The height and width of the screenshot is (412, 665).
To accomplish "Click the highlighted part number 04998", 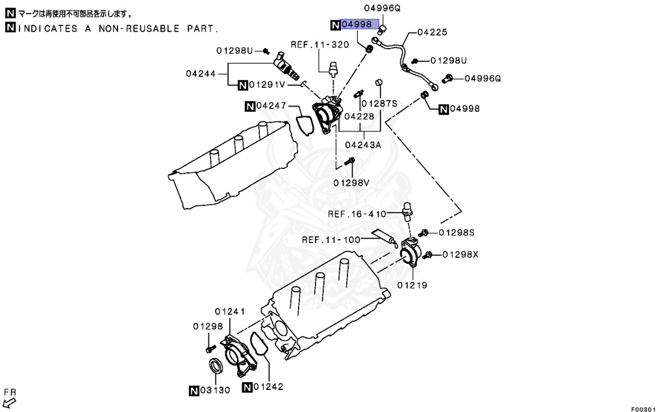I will tap(357, 25).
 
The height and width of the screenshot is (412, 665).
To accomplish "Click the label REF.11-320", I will tap(320, 45).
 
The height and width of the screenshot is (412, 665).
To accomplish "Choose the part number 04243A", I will tap(362, 145).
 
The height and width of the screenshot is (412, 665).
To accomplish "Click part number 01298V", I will tap(351, 183).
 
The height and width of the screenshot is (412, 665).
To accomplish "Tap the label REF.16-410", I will tap(357, 214).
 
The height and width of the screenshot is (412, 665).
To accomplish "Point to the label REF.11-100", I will tap(331, 240).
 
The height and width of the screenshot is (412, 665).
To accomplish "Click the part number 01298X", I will tap(460, 254).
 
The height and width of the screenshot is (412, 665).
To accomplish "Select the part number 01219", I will tap(412, 285).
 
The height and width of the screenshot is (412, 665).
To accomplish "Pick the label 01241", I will tap(230, 311).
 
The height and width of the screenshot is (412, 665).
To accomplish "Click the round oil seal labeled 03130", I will tap(216, 367).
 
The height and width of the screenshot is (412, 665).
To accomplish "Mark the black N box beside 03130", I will tap(194, 391).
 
